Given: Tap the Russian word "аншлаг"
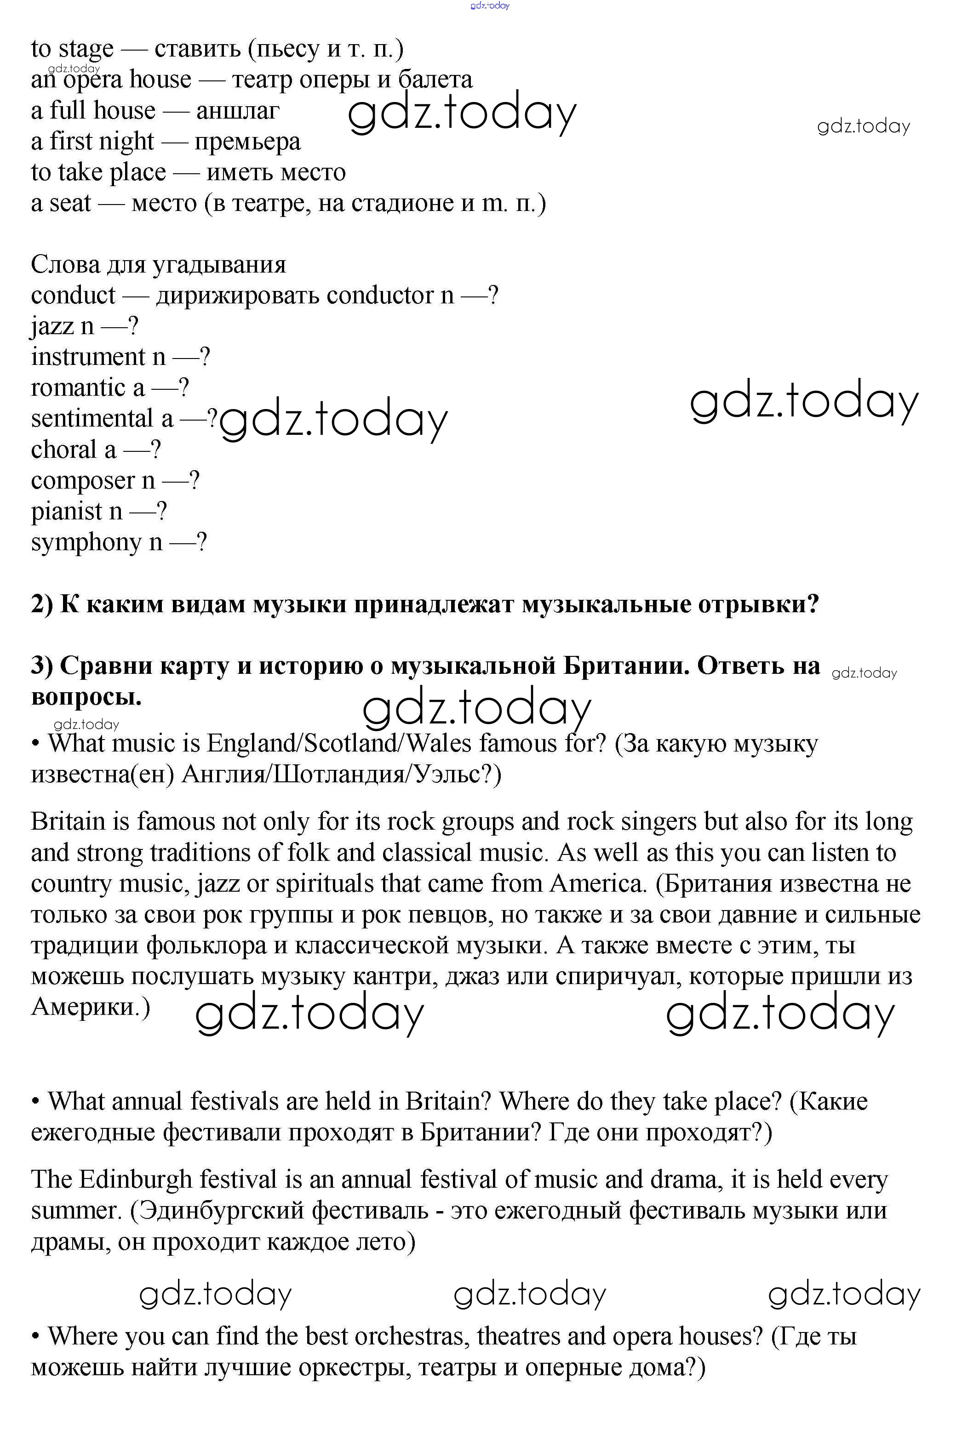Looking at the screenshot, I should tap(237, 111).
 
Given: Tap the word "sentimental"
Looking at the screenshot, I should tap(92, 419).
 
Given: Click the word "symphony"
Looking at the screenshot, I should tap(86, 542).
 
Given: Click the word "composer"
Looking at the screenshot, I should tap(83, 480).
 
